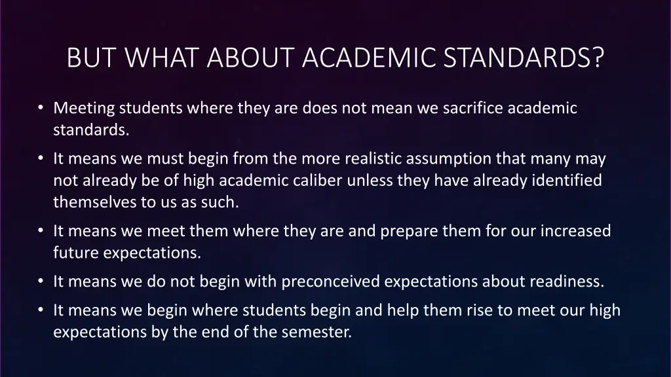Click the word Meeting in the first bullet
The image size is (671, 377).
click(84, 108)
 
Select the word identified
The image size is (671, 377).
click(566, 181)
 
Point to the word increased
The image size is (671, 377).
click(575, 231)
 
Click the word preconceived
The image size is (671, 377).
click(330, 282)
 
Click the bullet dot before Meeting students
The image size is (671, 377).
click(41, 108)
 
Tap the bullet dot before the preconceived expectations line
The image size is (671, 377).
click(41, 282)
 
